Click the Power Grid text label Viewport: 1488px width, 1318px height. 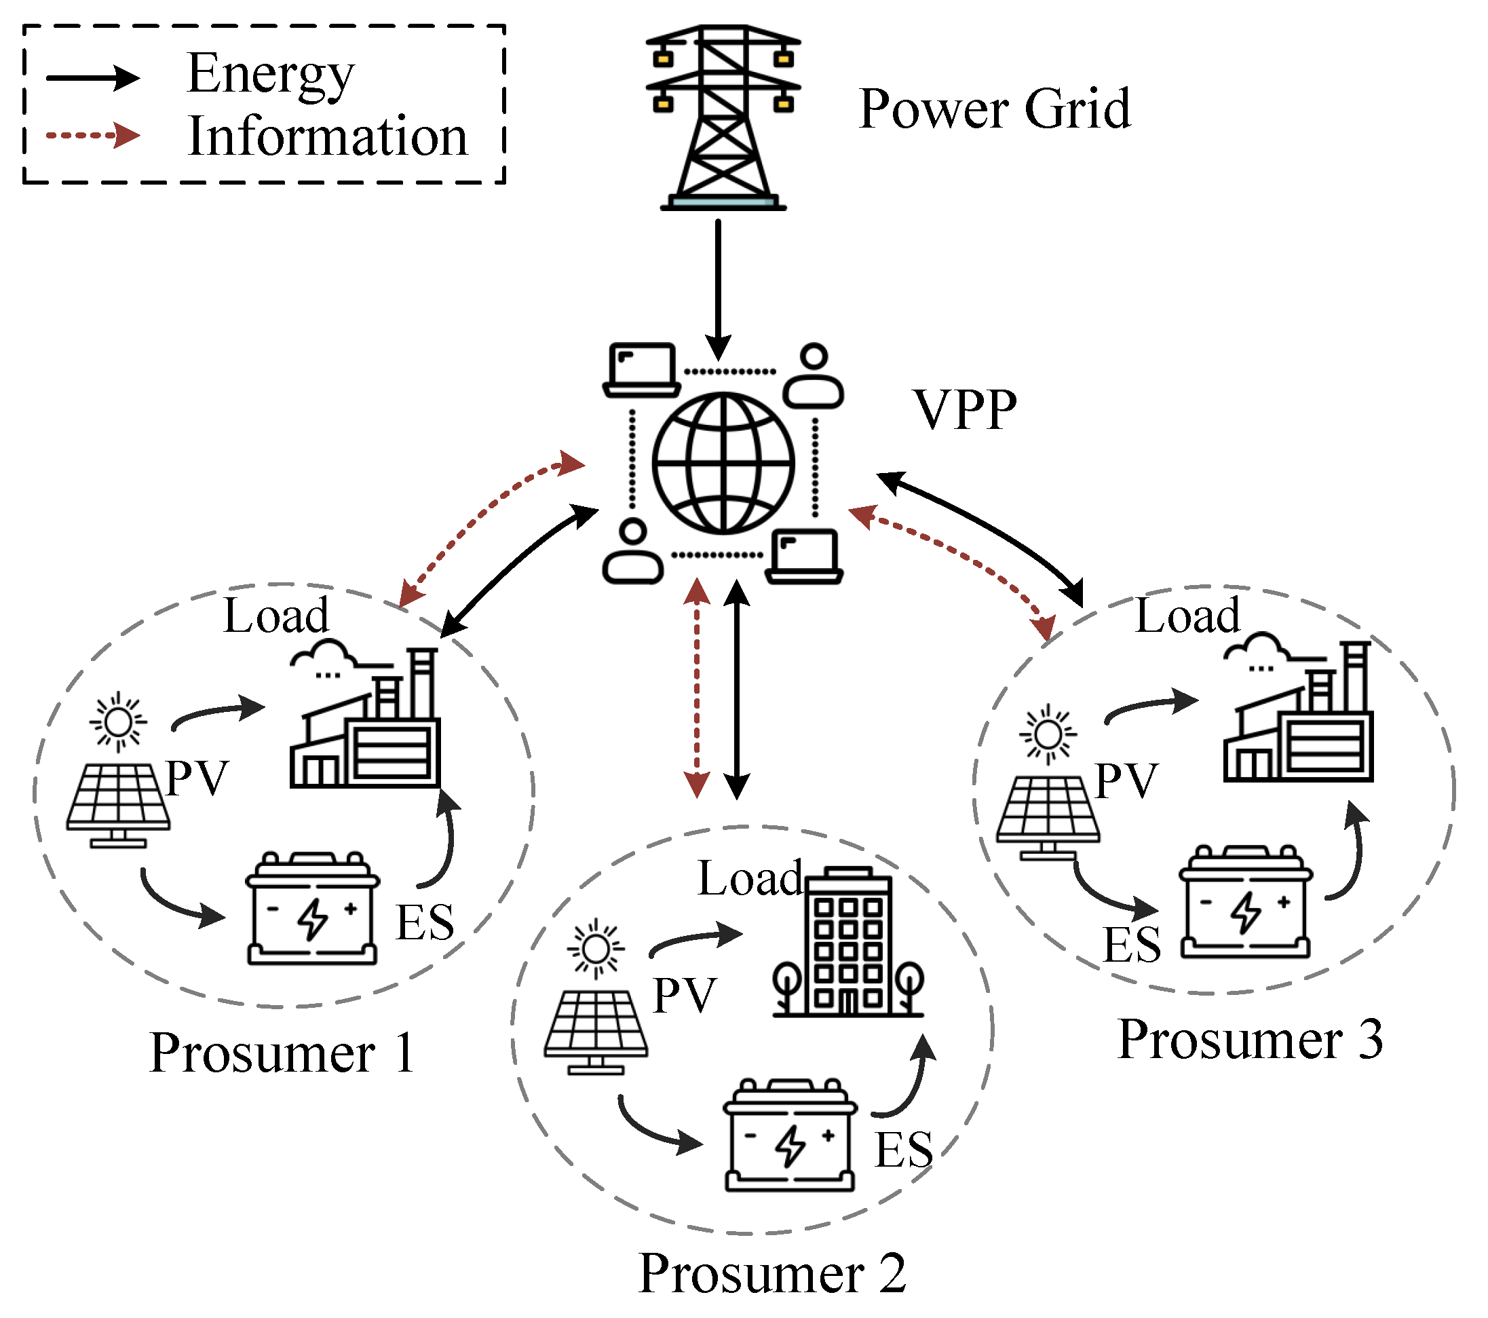pyautogui.click(x=994, y=109)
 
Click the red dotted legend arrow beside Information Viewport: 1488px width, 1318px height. pyautogui.click(x=93, y=136)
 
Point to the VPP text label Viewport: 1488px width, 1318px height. pyautogui.click(x=965, y=410)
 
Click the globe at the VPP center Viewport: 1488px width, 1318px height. pyautogui.click(x=723, y=463)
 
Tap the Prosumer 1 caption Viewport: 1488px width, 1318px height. pyautogui.click(x=282, y=1053)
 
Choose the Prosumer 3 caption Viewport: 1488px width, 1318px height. pyautogui.click(x=1249, y=1040)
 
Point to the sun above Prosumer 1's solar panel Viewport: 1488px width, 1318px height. pyautogui.click(x=118, y=721)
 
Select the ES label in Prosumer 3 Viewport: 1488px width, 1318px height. pyautogui.click(x=1131, y=945)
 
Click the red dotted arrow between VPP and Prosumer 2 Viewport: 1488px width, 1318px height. pyautogui.click(x=697, y=688)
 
